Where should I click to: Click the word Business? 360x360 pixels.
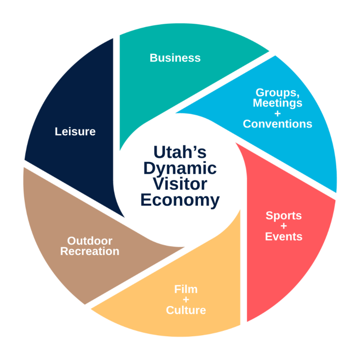pos(175,58)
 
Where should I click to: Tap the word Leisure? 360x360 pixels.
pos(75,132)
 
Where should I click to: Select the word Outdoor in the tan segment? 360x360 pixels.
pos(90,241)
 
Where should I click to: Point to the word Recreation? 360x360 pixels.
pos(90,251)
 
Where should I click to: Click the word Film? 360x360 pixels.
pos(186,289)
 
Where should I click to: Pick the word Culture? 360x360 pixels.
pos(186,310)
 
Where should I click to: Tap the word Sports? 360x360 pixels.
pos(284,216)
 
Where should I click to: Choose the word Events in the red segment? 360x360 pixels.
pos(284,237)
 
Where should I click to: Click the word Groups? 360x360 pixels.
pos(277,93)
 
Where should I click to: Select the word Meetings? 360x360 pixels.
pos(278,103)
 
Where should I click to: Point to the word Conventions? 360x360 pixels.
pos(278,124)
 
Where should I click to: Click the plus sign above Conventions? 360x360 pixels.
pos(278,114)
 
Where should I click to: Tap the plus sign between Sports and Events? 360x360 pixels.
pos(284,226)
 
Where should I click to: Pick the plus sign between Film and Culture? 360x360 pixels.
pos(186,300)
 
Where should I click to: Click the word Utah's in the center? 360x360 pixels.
pos(180,152)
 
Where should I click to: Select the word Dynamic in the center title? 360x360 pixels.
pos(180,169)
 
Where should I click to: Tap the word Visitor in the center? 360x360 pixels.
pos(180,184)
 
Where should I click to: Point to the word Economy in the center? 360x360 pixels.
pos(180,200)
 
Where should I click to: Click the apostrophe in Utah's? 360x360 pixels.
pos(194,148)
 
